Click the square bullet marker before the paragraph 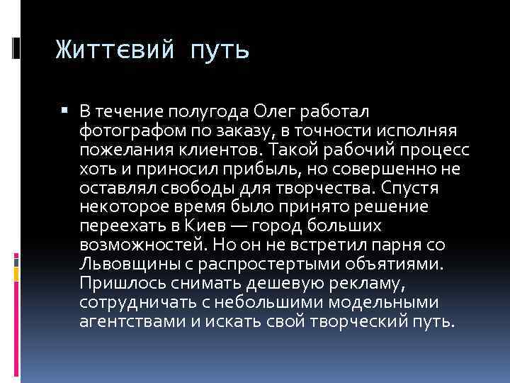click(65, 110)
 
